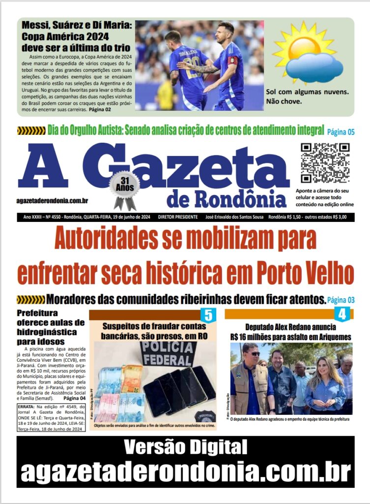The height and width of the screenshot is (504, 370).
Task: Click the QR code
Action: point(325,162)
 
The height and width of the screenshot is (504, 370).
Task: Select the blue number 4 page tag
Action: point(342,314)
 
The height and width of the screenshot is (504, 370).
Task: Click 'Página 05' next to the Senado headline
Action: point(341,131)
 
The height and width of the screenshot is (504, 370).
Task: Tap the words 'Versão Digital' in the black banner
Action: point(185,447)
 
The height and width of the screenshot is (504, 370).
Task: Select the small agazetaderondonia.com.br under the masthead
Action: point(52,200)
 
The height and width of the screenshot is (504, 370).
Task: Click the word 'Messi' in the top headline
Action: point(37,25)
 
